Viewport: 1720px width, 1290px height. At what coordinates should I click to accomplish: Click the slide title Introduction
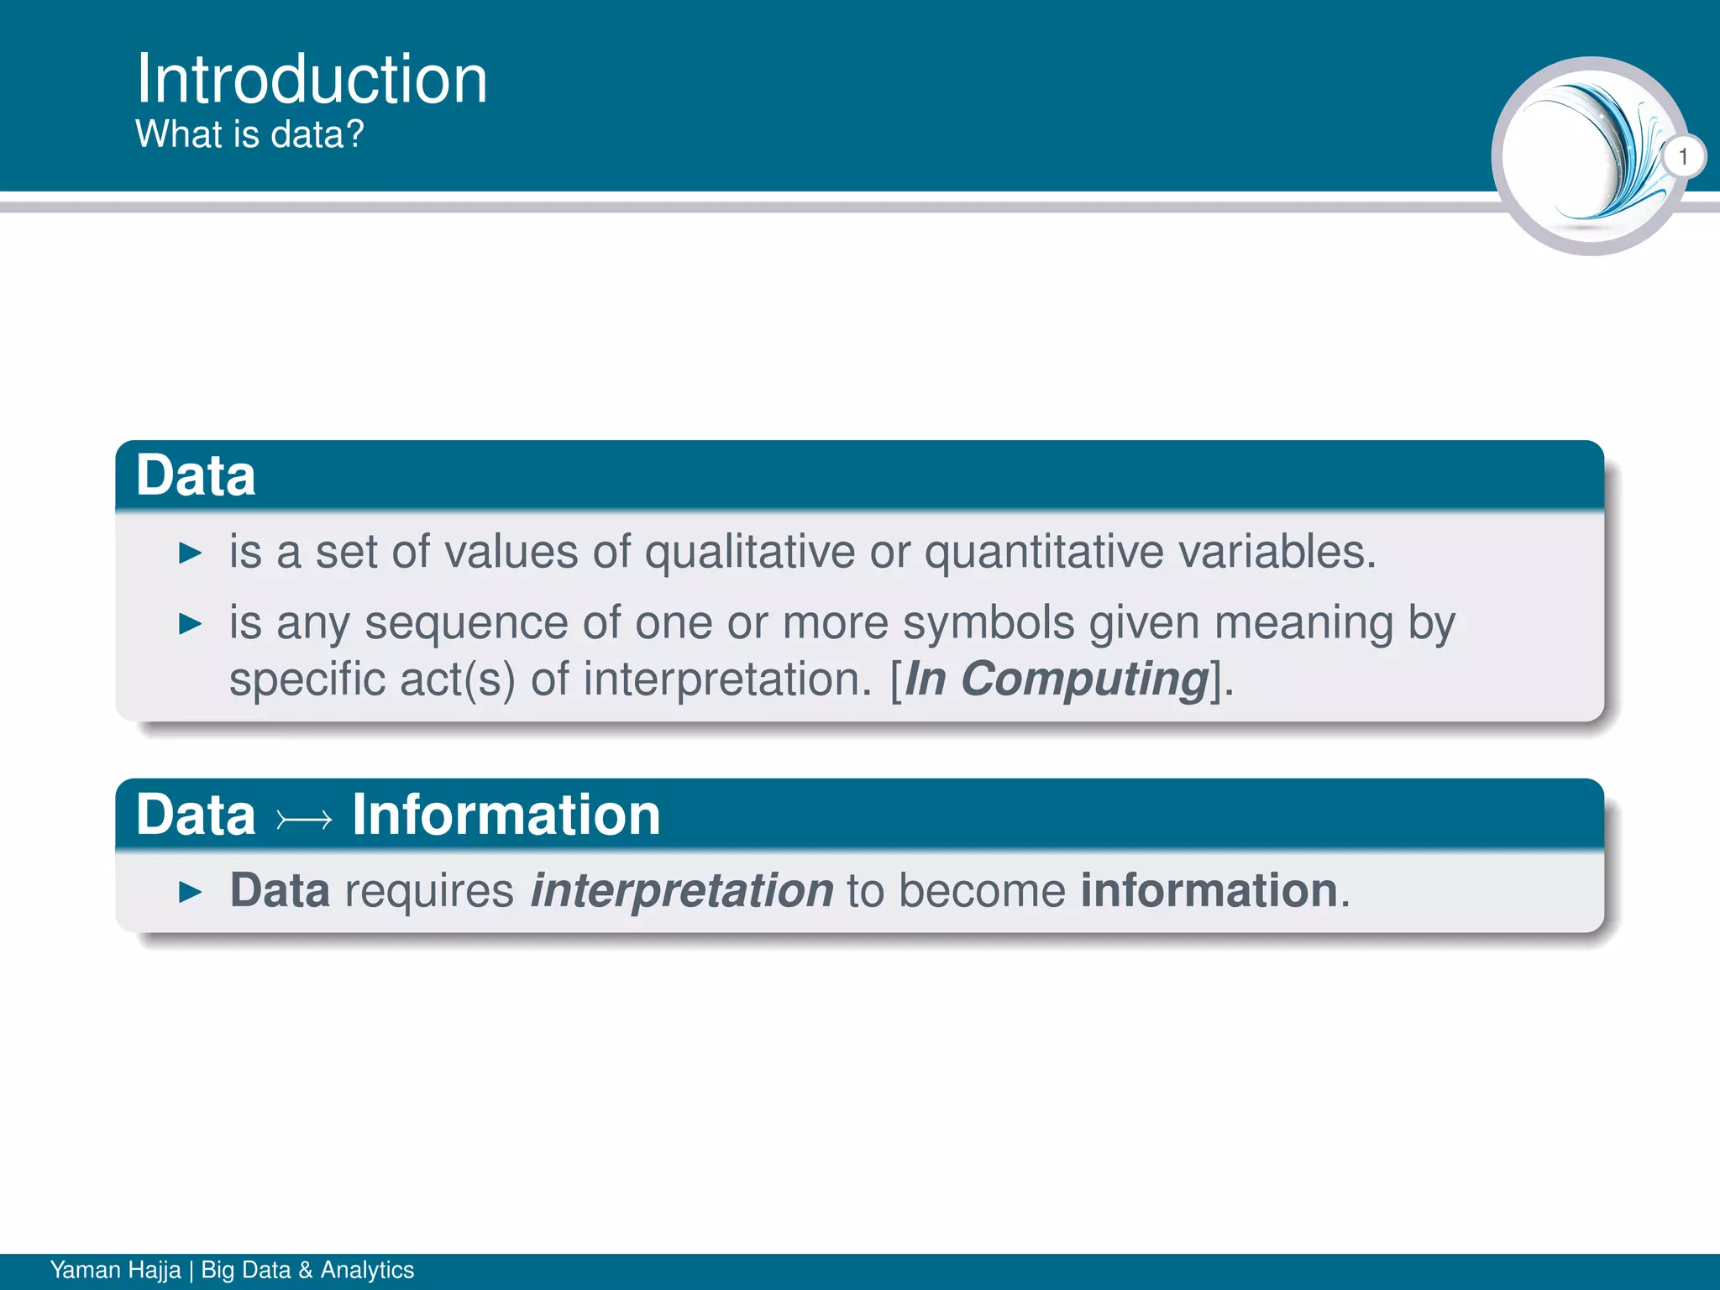pos(312,79)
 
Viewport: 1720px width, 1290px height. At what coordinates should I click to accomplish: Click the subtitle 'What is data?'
pos(249,134)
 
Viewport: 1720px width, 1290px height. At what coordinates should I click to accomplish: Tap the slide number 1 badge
pos(1682,157)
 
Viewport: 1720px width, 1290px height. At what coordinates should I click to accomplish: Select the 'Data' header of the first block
pos(196,475)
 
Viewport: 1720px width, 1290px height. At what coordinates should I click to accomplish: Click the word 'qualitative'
pos(749,553)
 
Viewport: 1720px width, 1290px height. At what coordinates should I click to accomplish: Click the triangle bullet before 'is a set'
pos(191,553)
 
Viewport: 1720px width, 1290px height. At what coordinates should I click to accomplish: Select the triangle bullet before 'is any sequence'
pos(191,624)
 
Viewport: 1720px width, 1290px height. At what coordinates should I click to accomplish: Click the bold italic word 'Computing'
pos(1084,679)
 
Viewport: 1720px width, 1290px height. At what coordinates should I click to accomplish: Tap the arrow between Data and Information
pos(304,818)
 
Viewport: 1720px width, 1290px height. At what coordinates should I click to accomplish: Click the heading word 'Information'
pos(506,815)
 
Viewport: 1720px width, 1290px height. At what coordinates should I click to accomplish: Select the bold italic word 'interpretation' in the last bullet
pos(681,890)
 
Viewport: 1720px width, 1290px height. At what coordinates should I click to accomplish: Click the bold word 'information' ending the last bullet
pos(1209,890)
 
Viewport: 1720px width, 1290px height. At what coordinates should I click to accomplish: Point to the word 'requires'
pos(429,892)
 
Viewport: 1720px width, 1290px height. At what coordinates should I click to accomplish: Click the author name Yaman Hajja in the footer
pos(115,1270)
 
